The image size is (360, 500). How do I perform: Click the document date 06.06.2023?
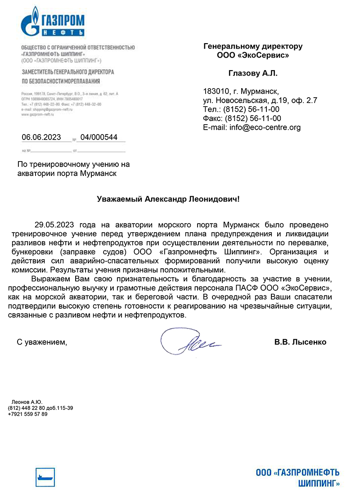pyautogui.click(x=41, y=138)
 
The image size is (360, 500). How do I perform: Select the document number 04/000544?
pyautogui.click(x=99, y=138)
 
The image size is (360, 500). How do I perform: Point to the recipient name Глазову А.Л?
pyautogui.click(x=253, y=73)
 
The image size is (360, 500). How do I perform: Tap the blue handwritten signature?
pyautogui.click(x=189, y=343)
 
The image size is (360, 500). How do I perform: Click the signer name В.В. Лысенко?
pyautogui.click(x=300, y=342)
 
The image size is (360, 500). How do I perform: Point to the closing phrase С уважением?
pyautogui.click(x=41, y=342)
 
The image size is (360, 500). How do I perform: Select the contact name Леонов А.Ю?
pyautogui.click(x=27, y=402)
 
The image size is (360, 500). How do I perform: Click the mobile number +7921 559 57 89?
pyautogui.click(x=27, y=414)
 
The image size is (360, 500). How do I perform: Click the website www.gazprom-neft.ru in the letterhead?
pyautogui.click(x=37, y=115)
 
